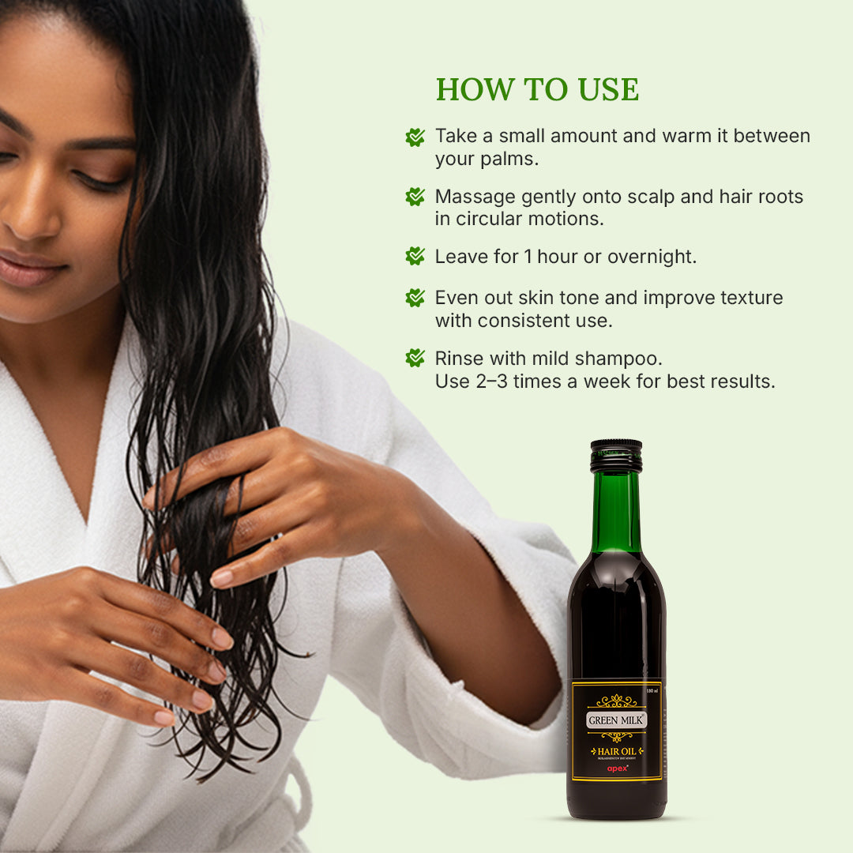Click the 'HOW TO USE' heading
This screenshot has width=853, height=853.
pyautogui.click(x=537, y=89)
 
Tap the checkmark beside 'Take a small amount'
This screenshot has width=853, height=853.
pyautogui.click(x=415, y=137)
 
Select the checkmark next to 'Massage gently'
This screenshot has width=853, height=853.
pyautogui.click(x=415, y=197)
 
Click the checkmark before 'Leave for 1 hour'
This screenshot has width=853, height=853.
pyautogui.click(x=415, y=256)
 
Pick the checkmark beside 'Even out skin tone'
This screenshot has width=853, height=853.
pyautogui.click(x=415, y=298)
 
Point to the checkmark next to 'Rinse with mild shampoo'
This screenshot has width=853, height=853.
pyautogui.click(x=415, y=359)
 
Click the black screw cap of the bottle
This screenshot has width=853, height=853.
pyautogui.click(x=616, y=456)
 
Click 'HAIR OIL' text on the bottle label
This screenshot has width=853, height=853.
pyautogui.click(x=616, y=751)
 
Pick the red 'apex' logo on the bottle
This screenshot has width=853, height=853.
pyautogui.click(x=616, y=767)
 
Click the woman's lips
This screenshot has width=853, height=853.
pyautogui.click(x=32, y=269)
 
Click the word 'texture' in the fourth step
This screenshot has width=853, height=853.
pyautogui.click(x=750, y=299)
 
